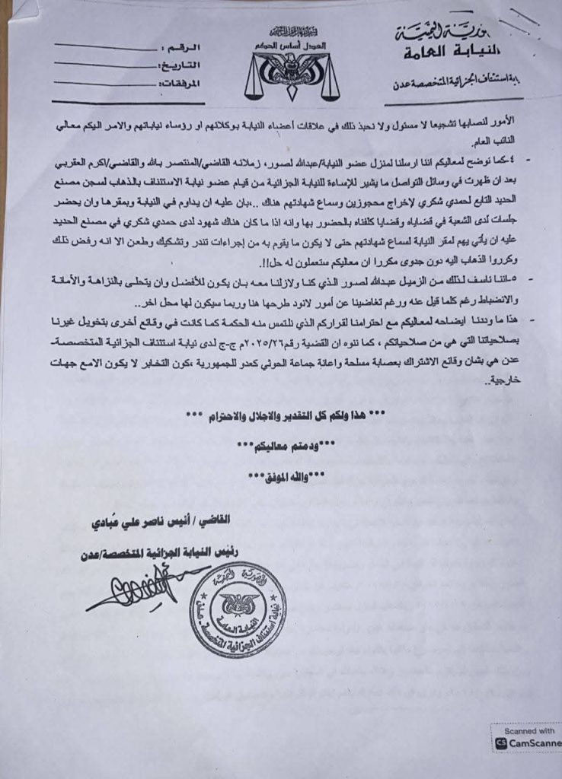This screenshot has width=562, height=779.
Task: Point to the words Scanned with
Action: point(535,730)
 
